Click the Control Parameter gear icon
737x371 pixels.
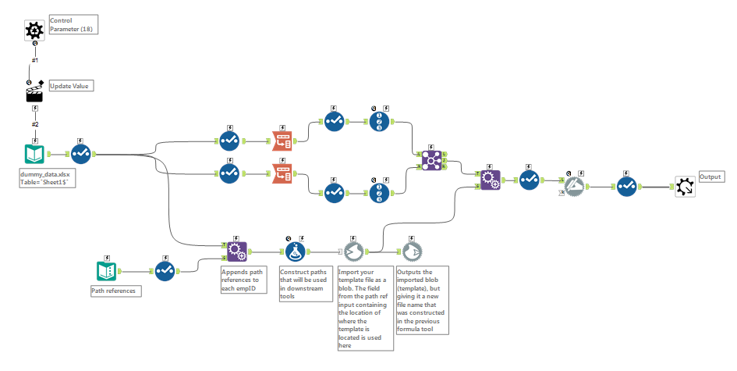coord(34,30)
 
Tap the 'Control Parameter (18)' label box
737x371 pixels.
coord(73,23)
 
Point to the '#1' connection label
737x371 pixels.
coord(35,60)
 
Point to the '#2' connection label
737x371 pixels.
coord(35,123)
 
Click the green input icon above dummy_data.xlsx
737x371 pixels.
coord(35,153)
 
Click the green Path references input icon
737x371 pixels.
coord(107,270)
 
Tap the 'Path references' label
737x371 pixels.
coord(114,291)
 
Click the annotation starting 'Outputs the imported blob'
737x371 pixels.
coord(423,301)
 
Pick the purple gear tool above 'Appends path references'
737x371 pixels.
coord(236,251)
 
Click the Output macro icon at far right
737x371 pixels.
coord(685,186)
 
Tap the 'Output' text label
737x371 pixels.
coord(711,177)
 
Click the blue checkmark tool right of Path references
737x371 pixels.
coord(164,270)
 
